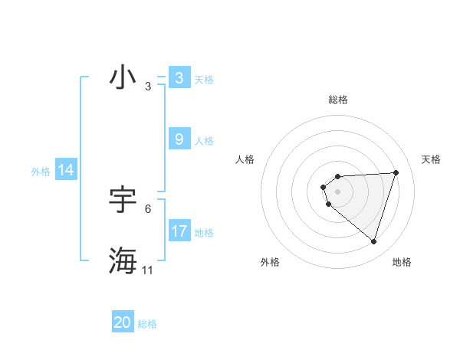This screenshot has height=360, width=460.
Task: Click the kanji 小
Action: pos(123,77)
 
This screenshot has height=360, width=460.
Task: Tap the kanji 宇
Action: pos(123,200)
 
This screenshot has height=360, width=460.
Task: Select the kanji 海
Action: pos(123,261)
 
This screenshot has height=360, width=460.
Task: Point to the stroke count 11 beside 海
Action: pos(148,270)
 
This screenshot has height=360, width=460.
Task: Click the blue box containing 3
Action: pos(179,78)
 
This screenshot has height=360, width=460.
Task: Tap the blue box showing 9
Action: pos(179,139)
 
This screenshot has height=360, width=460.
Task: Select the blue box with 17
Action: pos(179,231)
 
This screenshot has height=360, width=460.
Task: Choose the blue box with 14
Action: pos(66,171)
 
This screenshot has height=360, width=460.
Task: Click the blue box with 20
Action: pos(123,323)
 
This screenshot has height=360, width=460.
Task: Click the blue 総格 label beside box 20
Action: pos(147,324)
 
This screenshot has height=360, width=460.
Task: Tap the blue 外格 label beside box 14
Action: pos(41,172)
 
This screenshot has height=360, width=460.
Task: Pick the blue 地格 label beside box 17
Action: pos(204,232)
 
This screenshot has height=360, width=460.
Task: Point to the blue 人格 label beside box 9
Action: pos(204,140)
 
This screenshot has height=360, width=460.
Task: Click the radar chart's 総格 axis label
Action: pos(338,100)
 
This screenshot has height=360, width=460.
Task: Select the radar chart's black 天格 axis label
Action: pos(431,159)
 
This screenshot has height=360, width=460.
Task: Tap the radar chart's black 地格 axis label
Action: pos(402,262)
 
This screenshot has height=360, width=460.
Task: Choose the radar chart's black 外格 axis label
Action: pos(270,262)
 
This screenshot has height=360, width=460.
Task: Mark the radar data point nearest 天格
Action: pos(396,172)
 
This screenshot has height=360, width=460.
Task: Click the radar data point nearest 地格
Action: pos(373,241)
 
